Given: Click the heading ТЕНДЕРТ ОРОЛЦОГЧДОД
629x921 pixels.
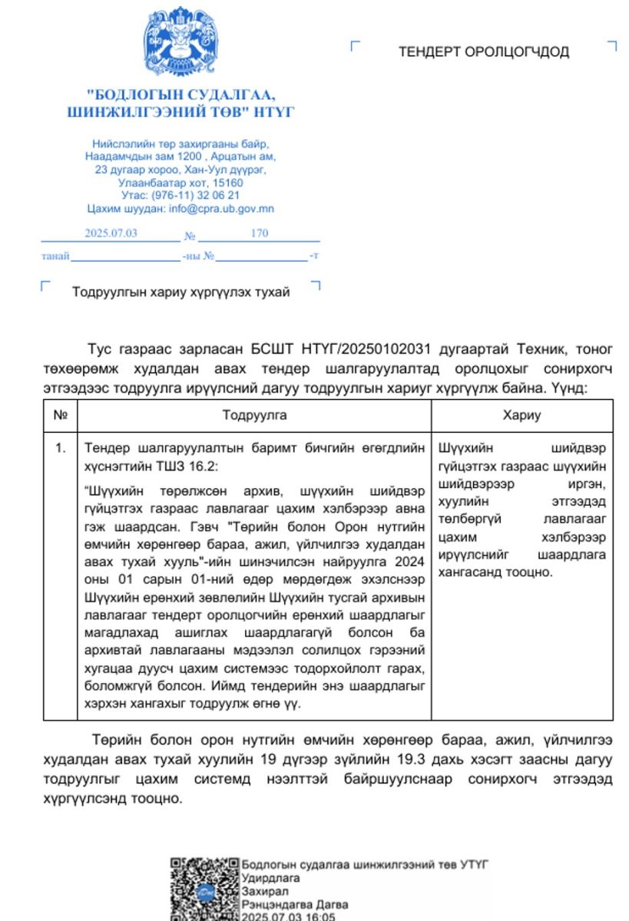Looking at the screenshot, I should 483,52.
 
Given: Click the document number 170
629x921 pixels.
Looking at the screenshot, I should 260,233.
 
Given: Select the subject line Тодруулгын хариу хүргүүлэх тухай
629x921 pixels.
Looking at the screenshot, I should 180,292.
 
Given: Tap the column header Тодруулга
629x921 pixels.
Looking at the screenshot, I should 255,415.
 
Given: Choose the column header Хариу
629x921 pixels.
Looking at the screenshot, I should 521,415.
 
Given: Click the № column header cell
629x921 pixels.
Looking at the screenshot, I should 61,415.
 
